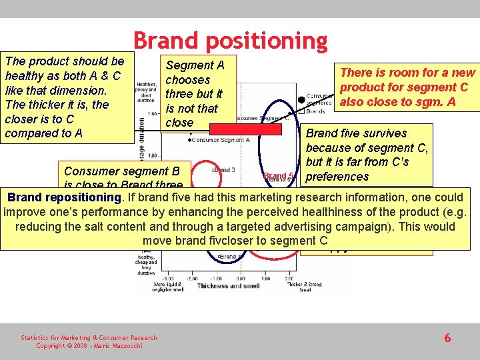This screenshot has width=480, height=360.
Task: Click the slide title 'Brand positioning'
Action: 230,41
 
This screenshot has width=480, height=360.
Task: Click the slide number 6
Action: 447,338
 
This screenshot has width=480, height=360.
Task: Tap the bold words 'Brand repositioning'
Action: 65,197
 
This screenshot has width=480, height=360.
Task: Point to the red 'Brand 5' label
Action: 279,177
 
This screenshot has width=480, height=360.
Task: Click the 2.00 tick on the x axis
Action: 288,278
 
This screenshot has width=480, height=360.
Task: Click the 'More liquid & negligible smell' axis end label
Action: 167,287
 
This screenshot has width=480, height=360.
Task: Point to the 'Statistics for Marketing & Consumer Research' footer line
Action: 89,338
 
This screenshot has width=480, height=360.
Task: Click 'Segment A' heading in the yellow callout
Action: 195,65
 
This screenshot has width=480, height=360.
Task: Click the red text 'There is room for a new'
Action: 407,73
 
